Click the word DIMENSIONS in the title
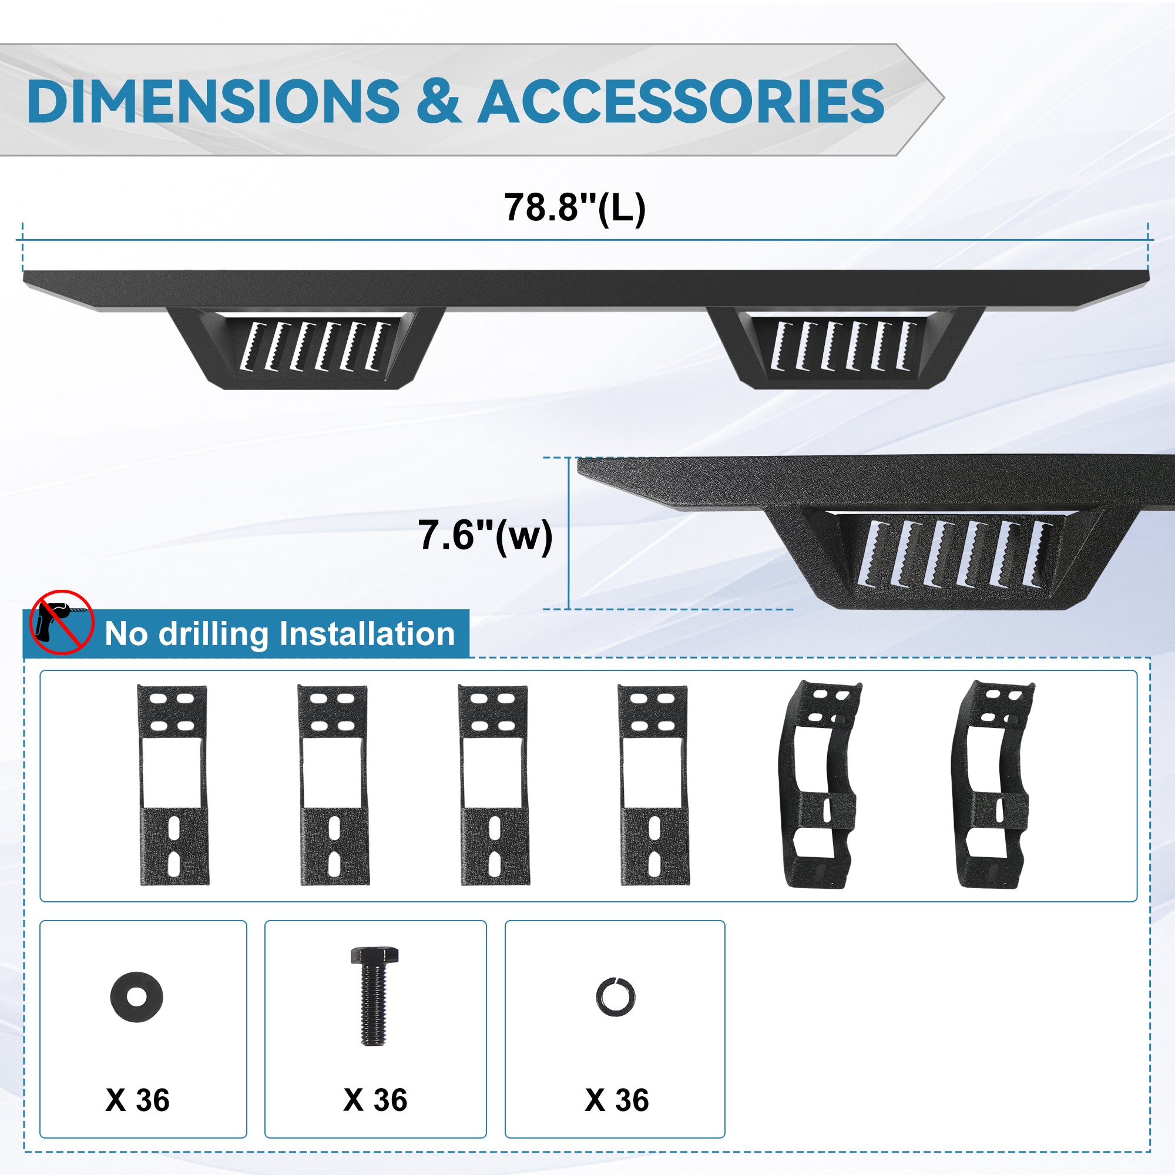tap(213, 101)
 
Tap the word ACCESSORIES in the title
tap(681, 101)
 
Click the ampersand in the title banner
tap(438, 101)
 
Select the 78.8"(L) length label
tap(575, 208)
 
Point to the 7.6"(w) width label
tap(485, 536)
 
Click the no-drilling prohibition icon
tap(62, 622)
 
